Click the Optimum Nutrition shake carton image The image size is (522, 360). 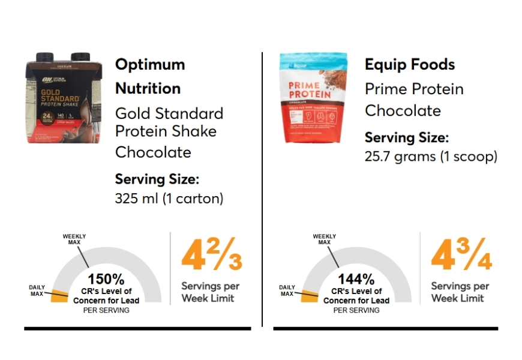click(65, 97)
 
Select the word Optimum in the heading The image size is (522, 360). click(150, 65)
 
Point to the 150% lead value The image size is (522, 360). click(106, 279)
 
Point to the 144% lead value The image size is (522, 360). click(356, 279)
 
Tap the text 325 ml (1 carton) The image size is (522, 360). click(169, 199)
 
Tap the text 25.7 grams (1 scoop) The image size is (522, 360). click(431, 157)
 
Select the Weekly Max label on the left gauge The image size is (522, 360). click(74, 239)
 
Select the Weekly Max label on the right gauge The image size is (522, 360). click(324, 239)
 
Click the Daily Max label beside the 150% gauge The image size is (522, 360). click(37, 291)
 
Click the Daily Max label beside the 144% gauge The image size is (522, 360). click(287, 291)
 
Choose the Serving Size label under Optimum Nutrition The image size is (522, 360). click(157, 179)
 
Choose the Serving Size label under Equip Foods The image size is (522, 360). click(407, 138)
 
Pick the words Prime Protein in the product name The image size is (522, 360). click(414, 89)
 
